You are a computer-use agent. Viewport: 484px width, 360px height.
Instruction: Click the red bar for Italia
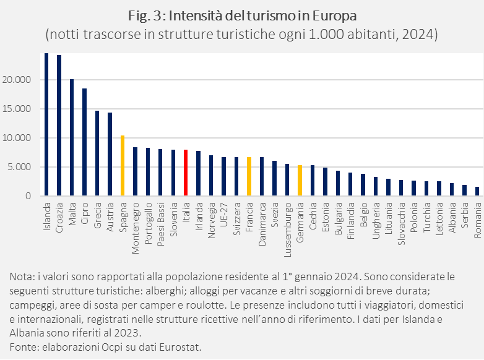tap(186, 173)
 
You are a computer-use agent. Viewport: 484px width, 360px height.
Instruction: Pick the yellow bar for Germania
tap(300, 180)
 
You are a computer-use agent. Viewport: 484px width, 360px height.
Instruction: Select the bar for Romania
tap(477, 191)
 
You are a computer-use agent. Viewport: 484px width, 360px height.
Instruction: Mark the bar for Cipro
tap(85, 142)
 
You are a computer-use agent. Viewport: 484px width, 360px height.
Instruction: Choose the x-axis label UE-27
tap(223, 213)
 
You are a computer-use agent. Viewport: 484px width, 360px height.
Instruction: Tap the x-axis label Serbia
tap(464, 214)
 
